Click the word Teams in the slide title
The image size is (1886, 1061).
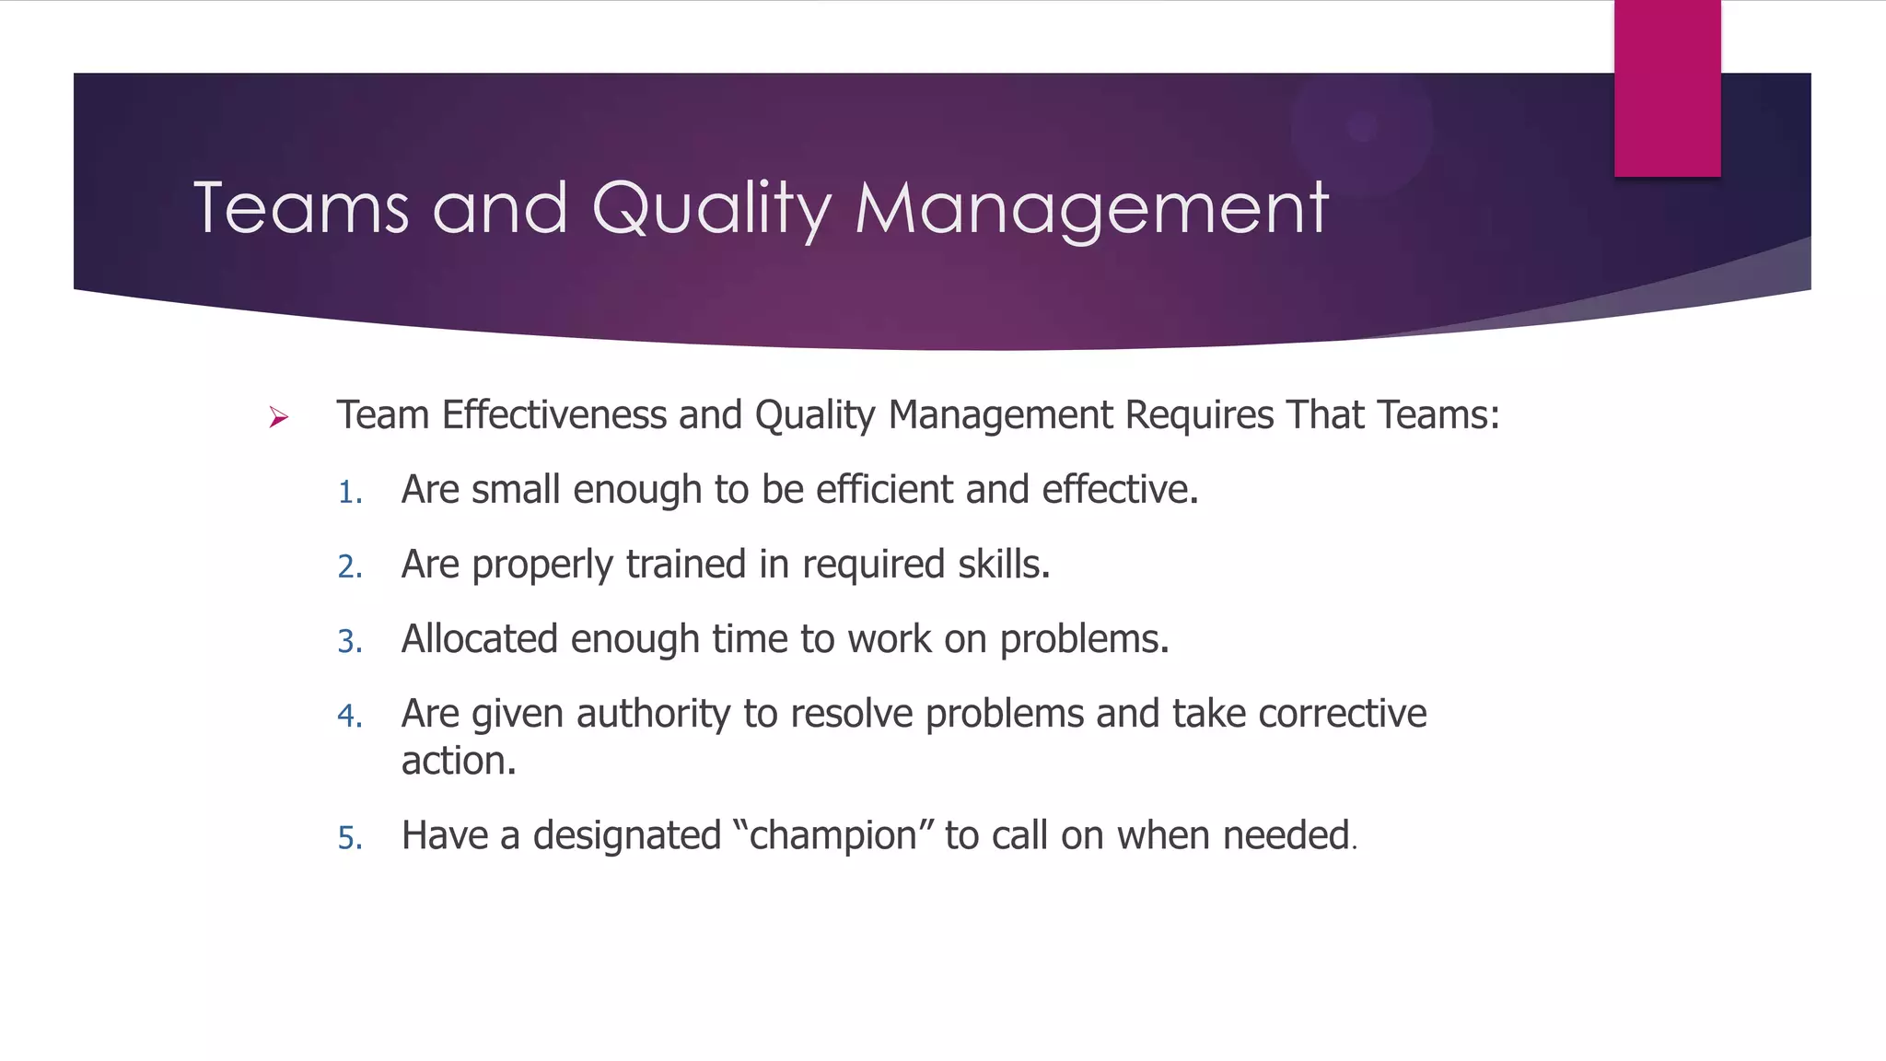[300, 208]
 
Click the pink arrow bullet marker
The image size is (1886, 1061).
[278, 418]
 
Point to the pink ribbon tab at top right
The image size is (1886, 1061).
[1667, 88]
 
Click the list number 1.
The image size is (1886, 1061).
[349, 493]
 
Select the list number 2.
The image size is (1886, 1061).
[349, 567]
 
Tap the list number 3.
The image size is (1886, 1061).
[349, 642]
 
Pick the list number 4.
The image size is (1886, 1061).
[349, 717]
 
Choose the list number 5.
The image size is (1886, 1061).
[349, 838]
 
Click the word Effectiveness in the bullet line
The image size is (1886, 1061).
[554, 415]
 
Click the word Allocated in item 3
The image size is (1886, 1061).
[480, 639]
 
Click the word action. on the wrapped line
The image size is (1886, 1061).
[459, 762]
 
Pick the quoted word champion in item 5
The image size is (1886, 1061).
[832, 836]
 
